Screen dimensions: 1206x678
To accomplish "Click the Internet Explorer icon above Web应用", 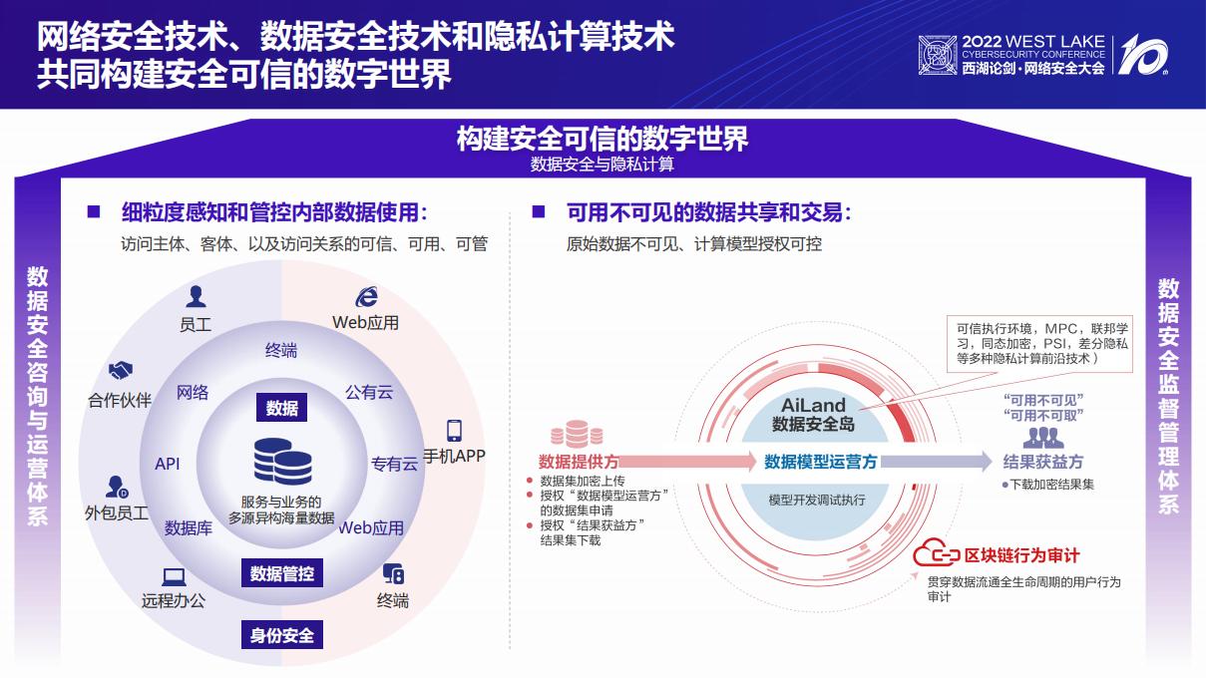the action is click(366, 296).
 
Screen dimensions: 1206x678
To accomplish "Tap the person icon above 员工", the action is click(196, 296).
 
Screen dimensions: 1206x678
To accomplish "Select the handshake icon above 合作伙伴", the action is click(122, 371).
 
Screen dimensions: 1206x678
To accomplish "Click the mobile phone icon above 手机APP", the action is click(455, 431).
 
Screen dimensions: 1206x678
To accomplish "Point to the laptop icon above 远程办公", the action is click(174, 576).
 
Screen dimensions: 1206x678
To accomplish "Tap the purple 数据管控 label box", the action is click(281, 573).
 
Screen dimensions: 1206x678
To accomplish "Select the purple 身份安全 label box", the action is click(281, 635).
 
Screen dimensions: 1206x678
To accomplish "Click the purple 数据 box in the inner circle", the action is click(281, 408).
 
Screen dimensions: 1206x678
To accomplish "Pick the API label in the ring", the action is click(168, 464).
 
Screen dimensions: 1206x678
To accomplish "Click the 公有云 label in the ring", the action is click(369, 392).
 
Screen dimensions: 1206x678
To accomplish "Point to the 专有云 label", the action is click(394, 464).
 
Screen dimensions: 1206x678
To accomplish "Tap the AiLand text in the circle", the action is click(813, 405).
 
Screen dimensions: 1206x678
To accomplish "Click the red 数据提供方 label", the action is click(579, 462).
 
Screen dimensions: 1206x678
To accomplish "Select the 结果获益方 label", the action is click(1042, 462).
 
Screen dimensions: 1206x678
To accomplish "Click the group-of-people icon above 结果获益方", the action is click(1043, 437).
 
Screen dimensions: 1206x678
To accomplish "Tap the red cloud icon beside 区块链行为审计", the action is click(937, 553).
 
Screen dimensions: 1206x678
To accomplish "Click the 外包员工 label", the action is click(117, 513).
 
